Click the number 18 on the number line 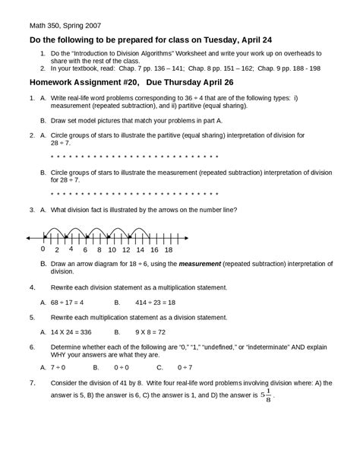point(168,249)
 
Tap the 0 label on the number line point(43,249)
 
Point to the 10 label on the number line point(112,249)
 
